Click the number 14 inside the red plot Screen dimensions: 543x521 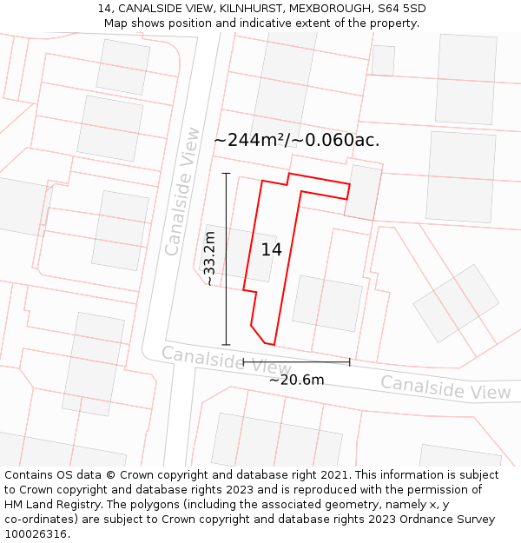point(271,250)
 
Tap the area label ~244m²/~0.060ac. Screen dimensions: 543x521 point(296,140)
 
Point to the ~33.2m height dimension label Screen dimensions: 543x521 point(209,258)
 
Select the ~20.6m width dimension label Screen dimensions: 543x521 point(296,380)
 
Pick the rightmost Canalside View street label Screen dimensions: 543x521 point(445,387)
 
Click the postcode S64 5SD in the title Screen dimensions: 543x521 point(402,9)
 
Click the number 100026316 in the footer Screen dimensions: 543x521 point(36,534)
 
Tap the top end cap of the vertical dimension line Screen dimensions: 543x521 point(226,173)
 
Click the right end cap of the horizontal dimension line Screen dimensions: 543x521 point(349,361)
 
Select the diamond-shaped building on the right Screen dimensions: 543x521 point(456,303)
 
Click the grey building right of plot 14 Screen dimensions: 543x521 point(327,303)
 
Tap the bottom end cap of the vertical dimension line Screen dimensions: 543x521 point(226,345)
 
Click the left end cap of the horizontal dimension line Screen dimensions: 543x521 point(243,361)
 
